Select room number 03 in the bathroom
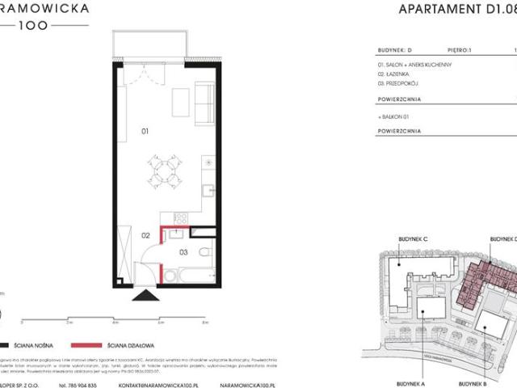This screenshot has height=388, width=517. (x=183, y=252)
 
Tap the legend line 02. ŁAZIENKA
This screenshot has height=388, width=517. (x=393, y=73)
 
